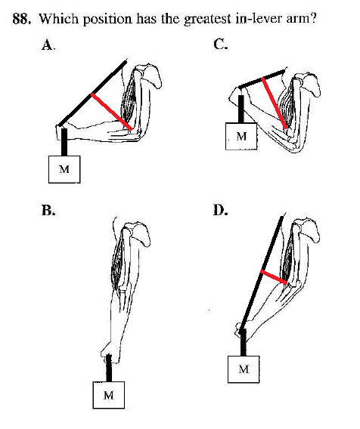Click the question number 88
21,19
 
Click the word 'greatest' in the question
207,20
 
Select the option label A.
48,45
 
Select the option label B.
48,211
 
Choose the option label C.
220,44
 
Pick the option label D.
221,210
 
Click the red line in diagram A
112,111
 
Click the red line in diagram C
275,103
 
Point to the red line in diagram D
274,277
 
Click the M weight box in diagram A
64,169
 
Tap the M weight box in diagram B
109,395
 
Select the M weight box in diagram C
241,136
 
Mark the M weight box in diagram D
244,369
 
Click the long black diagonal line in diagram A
92,94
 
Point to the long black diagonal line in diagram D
262,274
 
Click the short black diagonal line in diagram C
262,79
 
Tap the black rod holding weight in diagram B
109,368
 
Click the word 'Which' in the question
59,19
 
